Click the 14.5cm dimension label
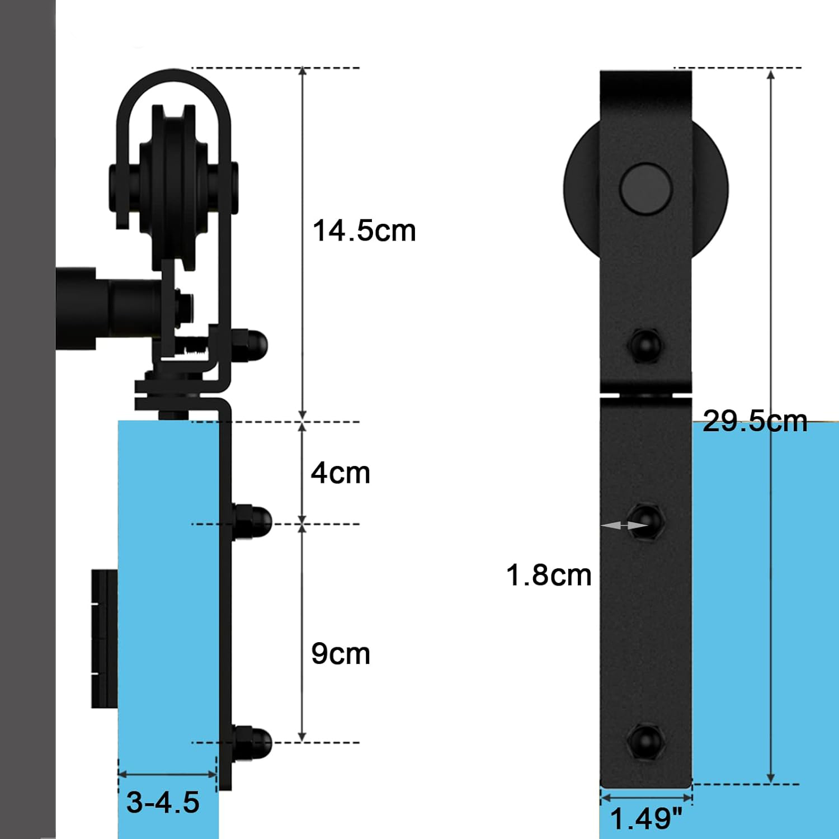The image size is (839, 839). point(364,230)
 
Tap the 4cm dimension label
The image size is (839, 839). point(341,473)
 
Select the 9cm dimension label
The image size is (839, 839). point(341,653)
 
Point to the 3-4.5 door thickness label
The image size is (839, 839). point(163,802)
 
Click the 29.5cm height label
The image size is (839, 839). point(755,421)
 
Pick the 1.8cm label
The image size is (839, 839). point(549,575)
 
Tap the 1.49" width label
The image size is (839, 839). point(646,819)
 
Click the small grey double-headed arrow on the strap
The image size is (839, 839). point(624,525)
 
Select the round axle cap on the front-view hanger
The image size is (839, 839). point(646,188)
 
